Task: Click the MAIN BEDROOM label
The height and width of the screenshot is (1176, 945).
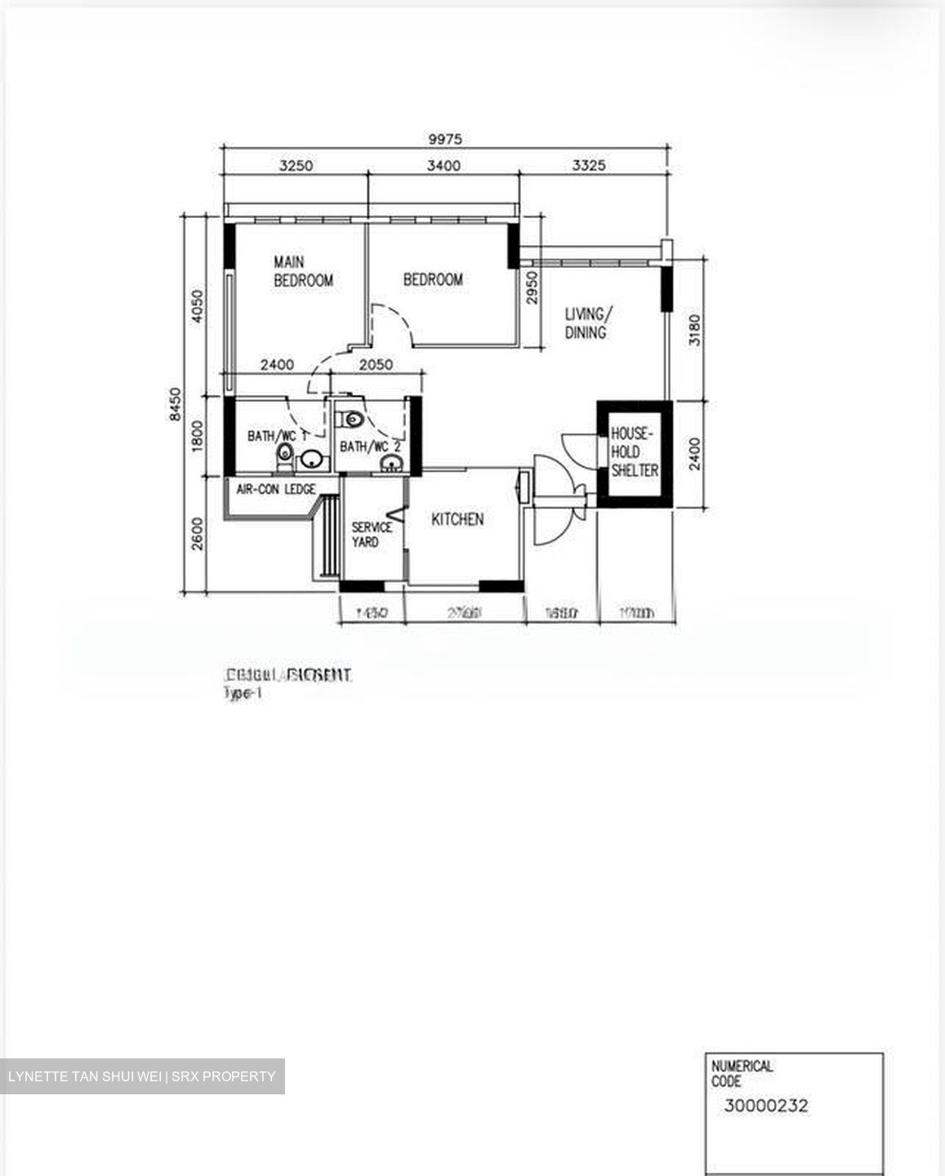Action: point(303,271)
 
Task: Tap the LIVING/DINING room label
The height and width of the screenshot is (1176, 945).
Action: point(586,323)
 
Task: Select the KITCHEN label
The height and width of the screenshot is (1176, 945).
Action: point(457,519)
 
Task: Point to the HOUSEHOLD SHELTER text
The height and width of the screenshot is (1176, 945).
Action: point(634,452)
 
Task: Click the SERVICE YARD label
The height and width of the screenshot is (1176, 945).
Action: point(372,534)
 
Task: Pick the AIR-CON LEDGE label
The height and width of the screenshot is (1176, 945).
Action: point(276,489)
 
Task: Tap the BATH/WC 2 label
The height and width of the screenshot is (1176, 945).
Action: point(370,447)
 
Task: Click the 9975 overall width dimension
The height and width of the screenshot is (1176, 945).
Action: point(445,140)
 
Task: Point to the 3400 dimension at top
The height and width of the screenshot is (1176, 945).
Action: point(444,166)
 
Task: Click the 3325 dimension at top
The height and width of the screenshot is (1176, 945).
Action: point(588,166)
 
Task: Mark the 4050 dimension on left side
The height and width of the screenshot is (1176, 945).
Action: point(197,306)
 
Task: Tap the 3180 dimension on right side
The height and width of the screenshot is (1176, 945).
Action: point(694,330)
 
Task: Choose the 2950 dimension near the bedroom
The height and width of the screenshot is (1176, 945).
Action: point(533,287)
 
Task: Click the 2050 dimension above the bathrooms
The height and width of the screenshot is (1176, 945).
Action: point(376,365)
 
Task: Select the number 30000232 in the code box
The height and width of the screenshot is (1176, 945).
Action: point(765,1107)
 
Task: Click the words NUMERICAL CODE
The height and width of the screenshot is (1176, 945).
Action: point(742,1073)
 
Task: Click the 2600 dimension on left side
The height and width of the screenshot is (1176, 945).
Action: point(197,534)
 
